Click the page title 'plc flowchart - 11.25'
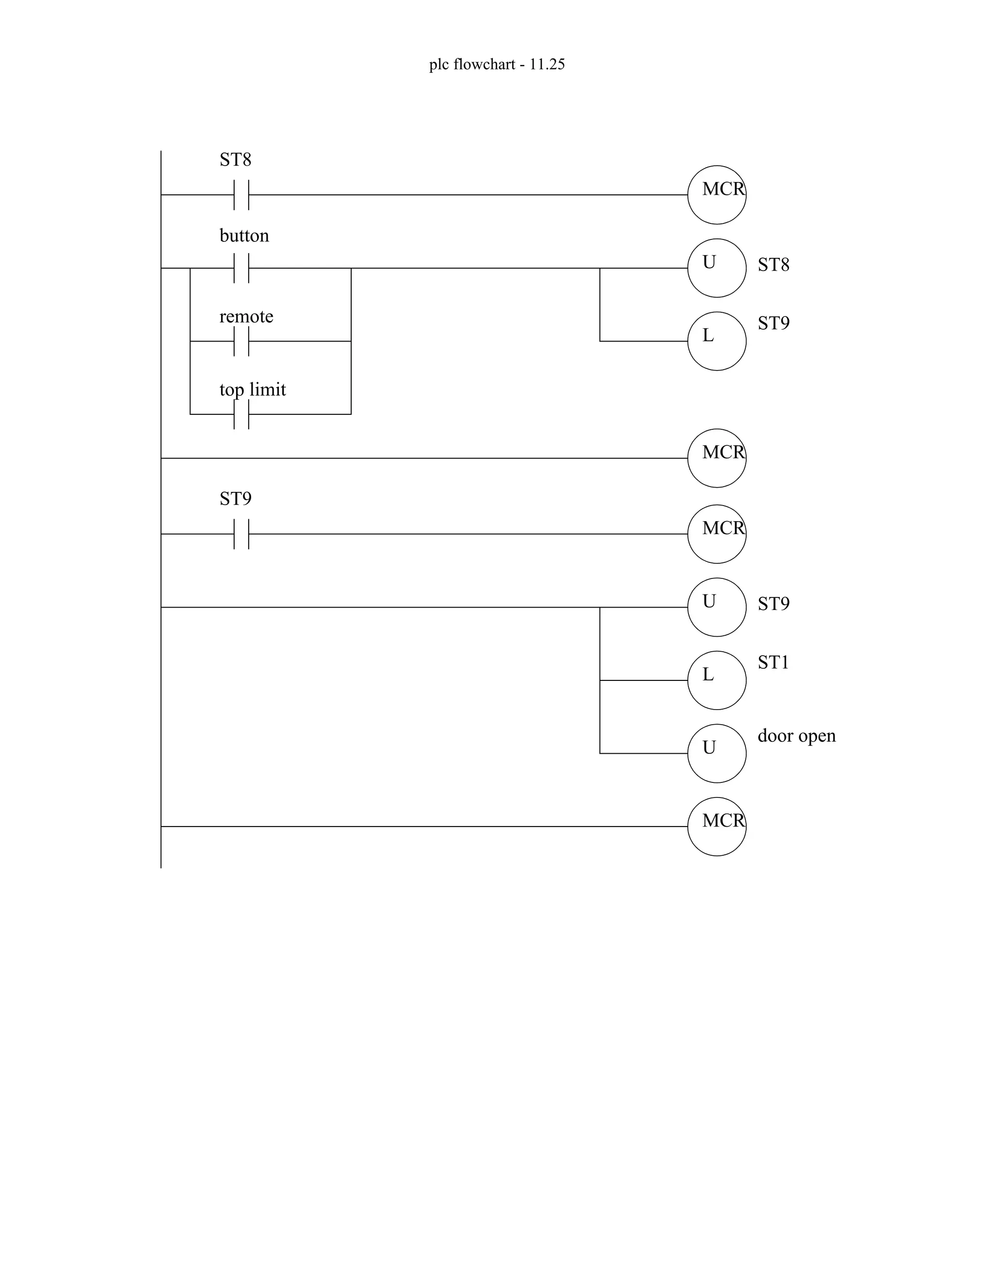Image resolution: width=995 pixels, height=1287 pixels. coord(497,64)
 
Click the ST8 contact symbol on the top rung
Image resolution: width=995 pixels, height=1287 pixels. coord(241,195)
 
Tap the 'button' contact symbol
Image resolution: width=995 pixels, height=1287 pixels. coord(241,268)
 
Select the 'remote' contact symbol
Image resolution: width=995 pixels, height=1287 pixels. coord(241,341)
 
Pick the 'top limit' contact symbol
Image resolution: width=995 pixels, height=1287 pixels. coord(241,414)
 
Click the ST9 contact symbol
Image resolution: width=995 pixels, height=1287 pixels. coord(241,534)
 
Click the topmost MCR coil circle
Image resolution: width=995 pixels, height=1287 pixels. coord(716,195)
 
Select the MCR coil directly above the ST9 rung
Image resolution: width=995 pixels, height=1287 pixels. coord(716,458)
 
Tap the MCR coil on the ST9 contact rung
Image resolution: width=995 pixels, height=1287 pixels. coord(716,534)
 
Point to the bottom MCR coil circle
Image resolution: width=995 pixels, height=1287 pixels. coord(716,826)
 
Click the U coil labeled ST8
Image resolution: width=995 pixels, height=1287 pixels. coord(716,268)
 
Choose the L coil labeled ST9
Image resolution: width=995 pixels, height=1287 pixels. coord(716,341)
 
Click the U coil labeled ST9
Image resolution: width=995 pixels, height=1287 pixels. coord(716,607)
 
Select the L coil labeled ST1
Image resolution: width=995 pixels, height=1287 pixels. coord(716,680)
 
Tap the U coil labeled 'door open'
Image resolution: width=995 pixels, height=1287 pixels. coord(716,753)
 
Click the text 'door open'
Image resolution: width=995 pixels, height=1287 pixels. coord(796,736)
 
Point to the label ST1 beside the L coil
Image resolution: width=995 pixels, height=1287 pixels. coord(773,663)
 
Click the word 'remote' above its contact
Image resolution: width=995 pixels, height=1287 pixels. coord(246,317)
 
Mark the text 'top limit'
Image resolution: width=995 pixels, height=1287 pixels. coord(252,390)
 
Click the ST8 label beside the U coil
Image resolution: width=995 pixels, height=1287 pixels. coord(773,265)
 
